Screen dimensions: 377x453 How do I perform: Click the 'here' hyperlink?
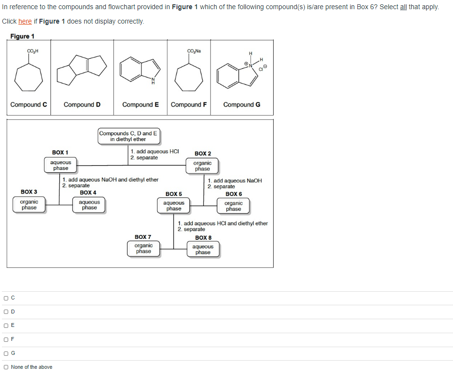tap(25, 22)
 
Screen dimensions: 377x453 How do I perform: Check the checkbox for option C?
tap(6, 298)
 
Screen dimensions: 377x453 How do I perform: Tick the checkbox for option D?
tap(6, 312)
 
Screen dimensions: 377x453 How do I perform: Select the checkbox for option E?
tap(6, 325)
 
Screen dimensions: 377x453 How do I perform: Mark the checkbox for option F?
tap(6, 339)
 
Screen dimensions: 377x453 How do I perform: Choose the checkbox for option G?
tap(6, 353)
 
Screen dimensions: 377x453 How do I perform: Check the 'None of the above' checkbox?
tap(6, 367)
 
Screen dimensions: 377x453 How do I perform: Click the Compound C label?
tap(29, 104)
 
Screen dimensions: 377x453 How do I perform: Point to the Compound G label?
tap(242, 104)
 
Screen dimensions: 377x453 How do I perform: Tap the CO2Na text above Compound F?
tap(194, 51)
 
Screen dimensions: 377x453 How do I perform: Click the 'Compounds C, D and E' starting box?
tap(128, 136)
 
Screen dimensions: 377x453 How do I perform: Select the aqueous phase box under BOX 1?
tap(61, 165)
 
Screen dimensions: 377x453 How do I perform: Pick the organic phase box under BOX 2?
tap(202, 166)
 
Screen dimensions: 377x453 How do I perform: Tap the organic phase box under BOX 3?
tap(29, 205)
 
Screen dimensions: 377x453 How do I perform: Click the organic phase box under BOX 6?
tap(233, 206)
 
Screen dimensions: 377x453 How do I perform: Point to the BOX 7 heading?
tap(143, 237)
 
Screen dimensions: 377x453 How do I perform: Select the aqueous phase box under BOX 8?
tap(202, 249)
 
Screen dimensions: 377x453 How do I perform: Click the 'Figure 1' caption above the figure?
tap(22, 37)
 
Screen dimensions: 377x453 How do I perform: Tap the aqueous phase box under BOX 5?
tap(174, 206)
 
